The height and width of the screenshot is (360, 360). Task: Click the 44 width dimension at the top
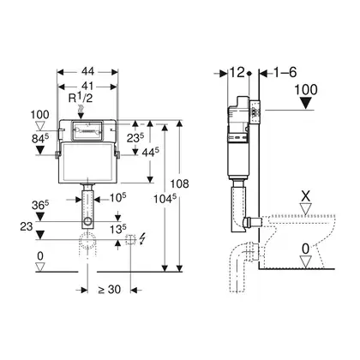[87, 72]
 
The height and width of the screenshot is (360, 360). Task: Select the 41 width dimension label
[87, 86]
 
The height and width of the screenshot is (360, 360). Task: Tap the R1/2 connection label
[81, 98]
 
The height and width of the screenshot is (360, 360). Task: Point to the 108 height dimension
[180, 183]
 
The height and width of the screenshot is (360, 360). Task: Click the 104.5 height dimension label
[165, 198]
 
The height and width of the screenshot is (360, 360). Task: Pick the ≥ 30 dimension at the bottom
[110, 290]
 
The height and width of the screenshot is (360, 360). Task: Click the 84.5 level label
[40, 139]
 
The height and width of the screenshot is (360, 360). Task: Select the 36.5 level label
[40, 205]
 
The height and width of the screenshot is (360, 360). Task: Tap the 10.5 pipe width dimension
[118, 197]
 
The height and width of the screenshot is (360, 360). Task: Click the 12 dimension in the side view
[237, 72]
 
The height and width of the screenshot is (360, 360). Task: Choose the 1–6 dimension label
[285, 72]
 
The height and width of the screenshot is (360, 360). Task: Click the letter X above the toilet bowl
[306, 196]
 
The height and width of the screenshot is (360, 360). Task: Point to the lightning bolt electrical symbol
[142, 239]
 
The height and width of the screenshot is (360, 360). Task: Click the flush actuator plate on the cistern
[87, 130]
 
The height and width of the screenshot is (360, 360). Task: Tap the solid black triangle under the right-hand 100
[306, 103]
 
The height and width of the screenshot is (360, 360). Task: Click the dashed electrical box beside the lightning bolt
[130, 239]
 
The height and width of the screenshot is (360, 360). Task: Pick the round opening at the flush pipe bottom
[87, 221]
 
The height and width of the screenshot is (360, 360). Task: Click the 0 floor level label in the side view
[306, 249]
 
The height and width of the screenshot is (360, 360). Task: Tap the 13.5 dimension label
[118, 230]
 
